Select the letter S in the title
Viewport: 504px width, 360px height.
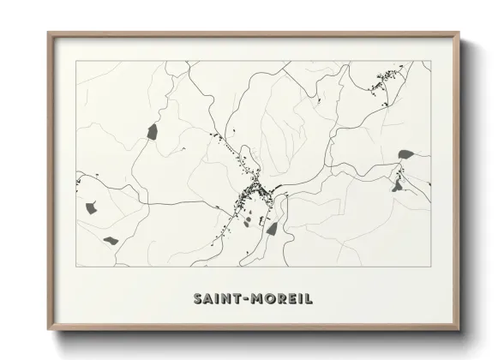(198, 298)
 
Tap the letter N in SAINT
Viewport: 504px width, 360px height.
(227, 298)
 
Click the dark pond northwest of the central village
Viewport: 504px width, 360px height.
(153, 131)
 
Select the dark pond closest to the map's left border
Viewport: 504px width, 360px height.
(91, 207)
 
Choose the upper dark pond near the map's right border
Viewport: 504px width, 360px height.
(405, 154)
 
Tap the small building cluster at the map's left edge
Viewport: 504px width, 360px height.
(80, 180)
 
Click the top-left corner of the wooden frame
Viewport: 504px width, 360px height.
(49, 33)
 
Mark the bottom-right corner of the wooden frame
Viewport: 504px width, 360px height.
(460, 331)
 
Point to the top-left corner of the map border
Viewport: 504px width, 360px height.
(76, 62)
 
